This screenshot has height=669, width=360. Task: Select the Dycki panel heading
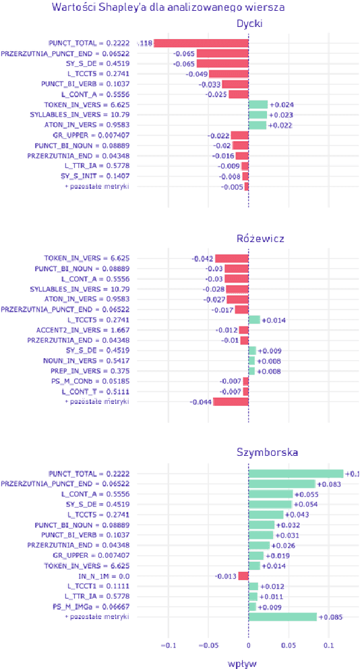coord(249,24)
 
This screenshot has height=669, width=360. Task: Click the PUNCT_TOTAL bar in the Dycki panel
coord(201,43)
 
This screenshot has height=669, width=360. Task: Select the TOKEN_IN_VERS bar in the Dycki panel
coord(258,105)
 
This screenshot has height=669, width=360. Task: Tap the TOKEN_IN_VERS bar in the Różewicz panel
coord(232,258)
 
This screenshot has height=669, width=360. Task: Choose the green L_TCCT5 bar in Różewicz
coord(254,320)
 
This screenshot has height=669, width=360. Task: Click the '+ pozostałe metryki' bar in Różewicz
coord(231,401)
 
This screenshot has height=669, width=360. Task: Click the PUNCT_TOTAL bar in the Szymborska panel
coord(296,473)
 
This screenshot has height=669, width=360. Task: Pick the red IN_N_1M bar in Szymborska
coord(243,576)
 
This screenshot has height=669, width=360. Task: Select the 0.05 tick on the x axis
coord(289,645)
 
